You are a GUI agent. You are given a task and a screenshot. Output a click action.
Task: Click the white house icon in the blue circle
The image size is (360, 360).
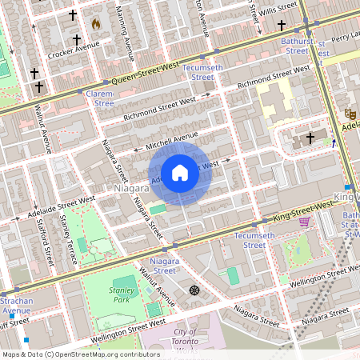tap(180, 172)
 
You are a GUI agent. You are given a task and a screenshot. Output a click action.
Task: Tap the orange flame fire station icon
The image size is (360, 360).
tap(97, 25)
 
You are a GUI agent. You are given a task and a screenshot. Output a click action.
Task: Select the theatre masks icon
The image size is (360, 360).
tap(349, 114)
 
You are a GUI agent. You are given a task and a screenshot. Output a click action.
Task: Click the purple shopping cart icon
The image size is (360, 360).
tap(304, 221)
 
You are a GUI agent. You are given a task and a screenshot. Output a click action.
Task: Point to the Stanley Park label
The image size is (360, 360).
tap(122, 294)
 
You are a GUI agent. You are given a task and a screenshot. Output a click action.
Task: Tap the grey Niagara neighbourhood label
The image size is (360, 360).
tap(132, 188)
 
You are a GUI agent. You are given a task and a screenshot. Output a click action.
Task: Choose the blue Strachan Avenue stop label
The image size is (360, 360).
tap(16, 305)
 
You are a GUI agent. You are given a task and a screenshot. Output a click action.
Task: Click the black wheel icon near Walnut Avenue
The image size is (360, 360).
tap(194, 290)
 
